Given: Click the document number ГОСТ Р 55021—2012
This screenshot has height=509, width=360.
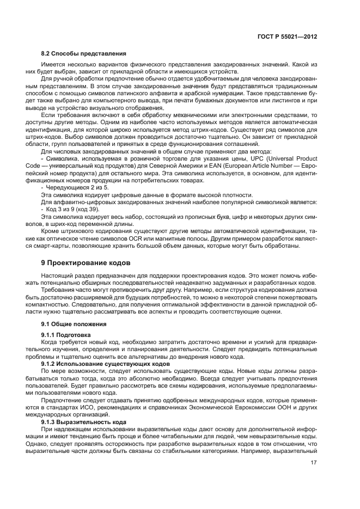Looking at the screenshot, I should click(286, 36).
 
